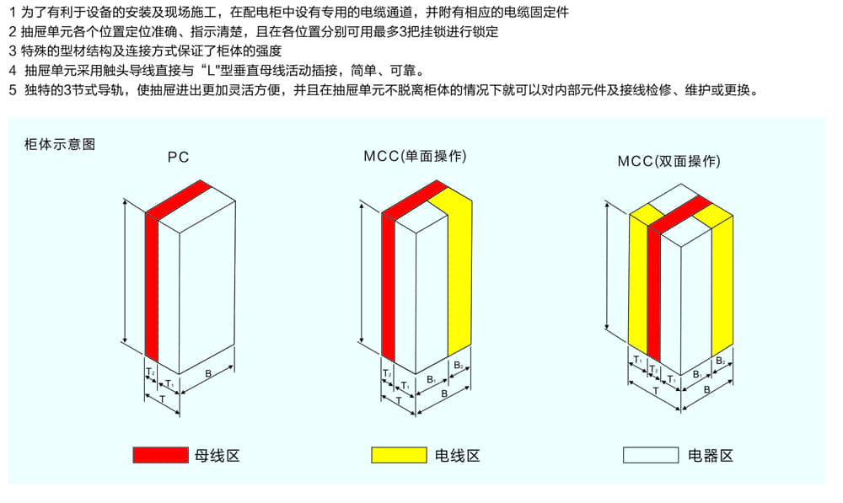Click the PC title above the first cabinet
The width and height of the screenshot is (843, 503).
tap(178, 157)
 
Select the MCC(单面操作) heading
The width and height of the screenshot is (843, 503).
tap(415, 157)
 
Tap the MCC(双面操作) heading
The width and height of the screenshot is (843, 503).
tap(668, 161)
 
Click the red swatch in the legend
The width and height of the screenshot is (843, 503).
tap(160, 455)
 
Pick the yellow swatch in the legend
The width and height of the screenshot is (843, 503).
tap(399, 455)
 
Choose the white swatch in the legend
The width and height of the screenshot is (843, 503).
tap(650, 455)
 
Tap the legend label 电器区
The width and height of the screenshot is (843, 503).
tap(711, 456)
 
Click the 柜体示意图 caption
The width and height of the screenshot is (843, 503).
tap(61, 144)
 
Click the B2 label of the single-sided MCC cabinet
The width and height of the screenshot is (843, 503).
tap(459, 366)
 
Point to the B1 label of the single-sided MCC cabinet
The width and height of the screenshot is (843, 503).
tap(431, 380)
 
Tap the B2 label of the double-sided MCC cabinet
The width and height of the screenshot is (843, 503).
tap(721, 361)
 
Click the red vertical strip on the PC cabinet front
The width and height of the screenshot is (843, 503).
tap(152, 286)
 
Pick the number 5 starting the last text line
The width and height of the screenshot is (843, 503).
tap(12, 90)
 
